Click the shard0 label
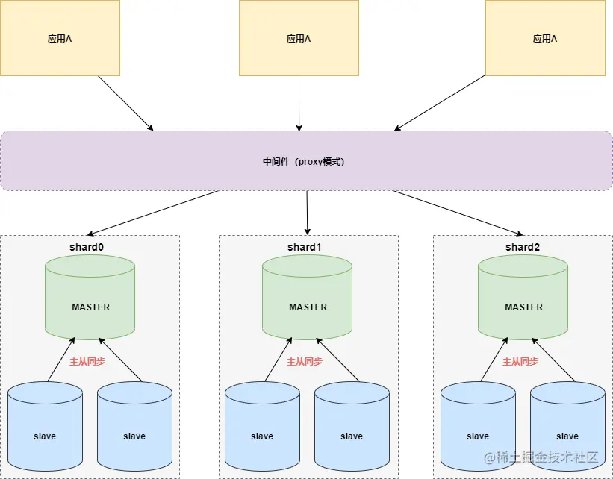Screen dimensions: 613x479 point(87,247)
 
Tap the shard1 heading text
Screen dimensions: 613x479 point(304,247)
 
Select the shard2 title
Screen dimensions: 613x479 point(523,247)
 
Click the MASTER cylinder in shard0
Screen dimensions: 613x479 point(90,298)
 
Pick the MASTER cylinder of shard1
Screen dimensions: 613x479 point(308,298)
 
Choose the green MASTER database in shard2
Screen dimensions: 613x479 point(523,298)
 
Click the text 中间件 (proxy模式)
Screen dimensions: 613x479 point(303,161)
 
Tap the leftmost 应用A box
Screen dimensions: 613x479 point(60,38)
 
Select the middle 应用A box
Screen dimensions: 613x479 point(299,38)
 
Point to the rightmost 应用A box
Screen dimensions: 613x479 point(545,38)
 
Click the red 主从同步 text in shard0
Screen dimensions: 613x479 point(87,361)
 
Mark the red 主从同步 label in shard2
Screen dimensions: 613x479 point(520,361)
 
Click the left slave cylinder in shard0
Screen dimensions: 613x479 point(46,427)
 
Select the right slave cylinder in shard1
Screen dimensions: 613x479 point(352,427)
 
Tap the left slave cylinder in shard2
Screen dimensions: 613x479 point(478,427)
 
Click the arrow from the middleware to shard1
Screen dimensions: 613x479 point(308,213)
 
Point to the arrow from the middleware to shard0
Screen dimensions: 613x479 point(152,213)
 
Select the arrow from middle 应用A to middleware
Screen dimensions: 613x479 point(299,104)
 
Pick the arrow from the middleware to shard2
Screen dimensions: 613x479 point(458,213)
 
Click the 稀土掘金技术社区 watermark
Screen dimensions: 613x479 point(541,457)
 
